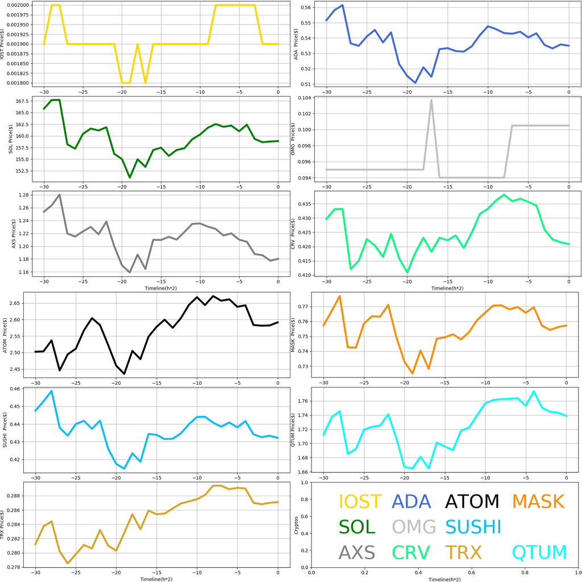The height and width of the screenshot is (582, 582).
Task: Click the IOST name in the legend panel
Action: (x=360, y=501)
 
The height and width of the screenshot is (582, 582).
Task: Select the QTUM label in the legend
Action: (x=539, y=552)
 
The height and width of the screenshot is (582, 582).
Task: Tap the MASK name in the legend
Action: (x=537, y=501)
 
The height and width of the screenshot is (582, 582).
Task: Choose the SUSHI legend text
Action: (x=473, y=527)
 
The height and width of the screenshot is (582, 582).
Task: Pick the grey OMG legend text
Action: (x=414, y=527)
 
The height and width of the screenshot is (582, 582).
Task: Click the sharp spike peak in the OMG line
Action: (x=431, y=100)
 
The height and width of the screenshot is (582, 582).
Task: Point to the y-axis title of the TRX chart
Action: (x=6, y=525)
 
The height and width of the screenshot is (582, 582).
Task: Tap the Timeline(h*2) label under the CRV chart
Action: (x=447, y=288)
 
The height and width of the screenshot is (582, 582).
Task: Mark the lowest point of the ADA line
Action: (x=415, y=83)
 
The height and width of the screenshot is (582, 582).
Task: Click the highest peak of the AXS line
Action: (x=59, y=195)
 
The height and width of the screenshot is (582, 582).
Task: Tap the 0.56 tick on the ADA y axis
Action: (x=306, y=7)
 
